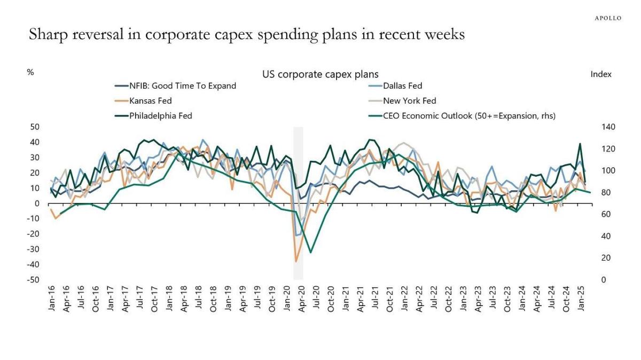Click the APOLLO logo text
click(x=608, y=18)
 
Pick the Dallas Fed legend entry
click(x=403, y=85)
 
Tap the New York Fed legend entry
click(x=409, y=100)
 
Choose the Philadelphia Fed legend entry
click(x=160, y=115)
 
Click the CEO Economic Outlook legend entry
click(x=469, y=115)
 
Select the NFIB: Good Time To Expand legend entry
click(x=182, y=85)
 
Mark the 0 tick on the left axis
click(x=37, y=204)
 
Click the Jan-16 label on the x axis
click(x=52, y=299)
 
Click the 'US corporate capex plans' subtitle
click(x=320, y=74)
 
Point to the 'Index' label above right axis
click(x=601, y=74)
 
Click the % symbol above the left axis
click(x=30, y=72)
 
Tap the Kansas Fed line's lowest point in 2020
click(x=296, y=261)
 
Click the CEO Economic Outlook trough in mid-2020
click(x=310, y=252)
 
